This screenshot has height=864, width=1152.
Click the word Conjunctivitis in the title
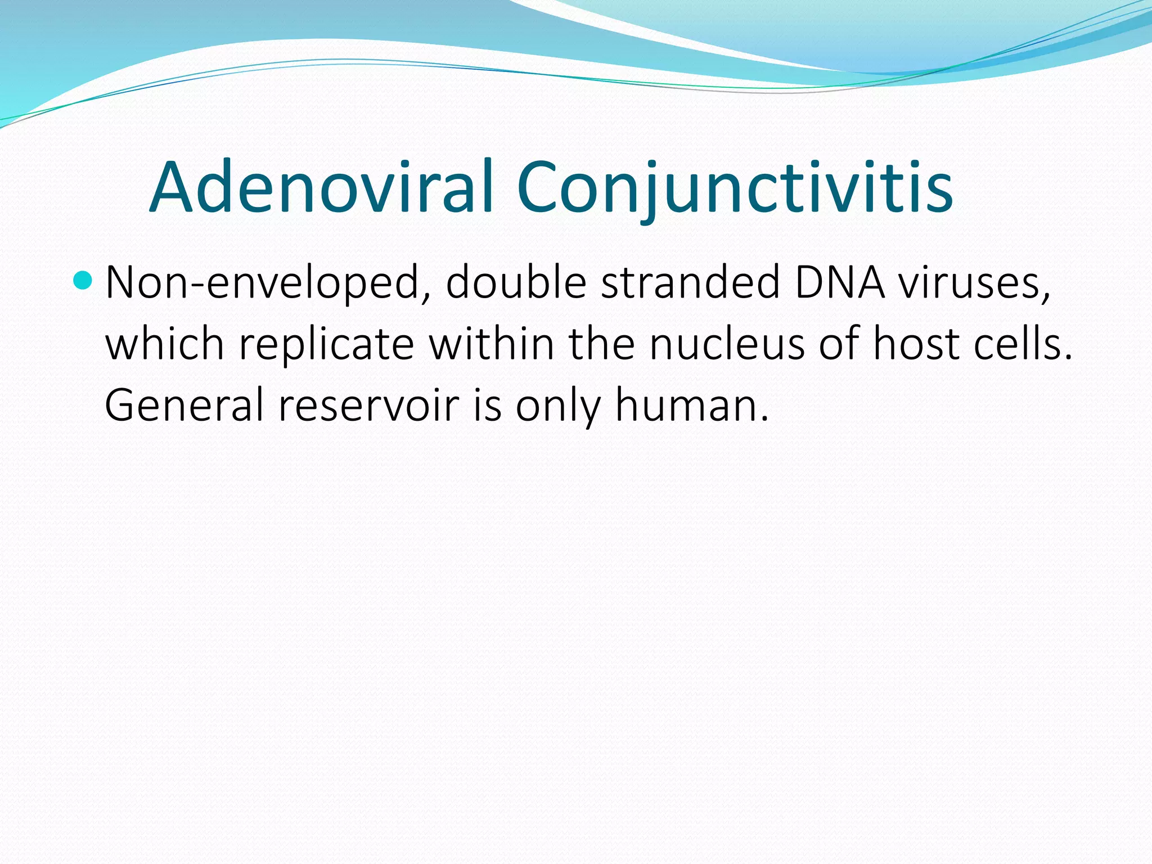(734, 187)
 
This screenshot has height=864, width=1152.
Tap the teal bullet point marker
(83, 280)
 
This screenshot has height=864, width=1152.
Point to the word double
(516, 283)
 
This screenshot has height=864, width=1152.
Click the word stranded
(690, 283)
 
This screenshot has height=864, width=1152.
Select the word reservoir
(369, 405)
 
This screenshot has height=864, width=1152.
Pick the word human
(691, 405)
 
